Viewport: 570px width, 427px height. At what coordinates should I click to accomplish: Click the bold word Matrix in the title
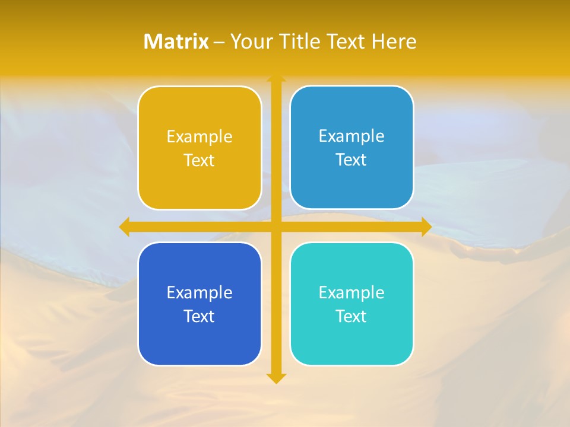176,42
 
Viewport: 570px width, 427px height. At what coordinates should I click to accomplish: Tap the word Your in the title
249,42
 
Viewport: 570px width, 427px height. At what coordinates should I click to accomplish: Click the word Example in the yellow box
199,137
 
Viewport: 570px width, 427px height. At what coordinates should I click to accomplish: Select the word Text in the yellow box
199,161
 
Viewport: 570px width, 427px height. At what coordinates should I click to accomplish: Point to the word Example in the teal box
351,292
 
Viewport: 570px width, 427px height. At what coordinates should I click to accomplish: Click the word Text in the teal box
351,316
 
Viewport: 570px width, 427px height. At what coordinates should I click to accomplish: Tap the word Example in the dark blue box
199,292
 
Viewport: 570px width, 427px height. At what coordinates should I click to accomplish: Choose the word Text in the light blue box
351,160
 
